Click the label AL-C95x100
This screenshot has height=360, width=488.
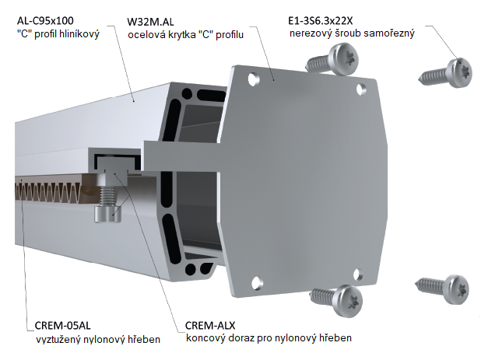[x=49, y=21]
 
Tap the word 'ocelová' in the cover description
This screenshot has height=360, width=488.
[x=148, y=36]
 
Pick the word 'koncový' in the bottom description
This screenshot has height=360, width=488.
[x=206, y=339]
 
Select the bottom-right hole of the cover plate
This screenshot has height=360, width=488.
[x=357, y=273]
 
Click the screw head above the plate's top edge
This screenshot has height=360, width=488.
[x=342, y=56]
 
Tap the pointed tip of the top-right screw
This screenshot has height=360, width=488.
[x=423, y=77]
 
